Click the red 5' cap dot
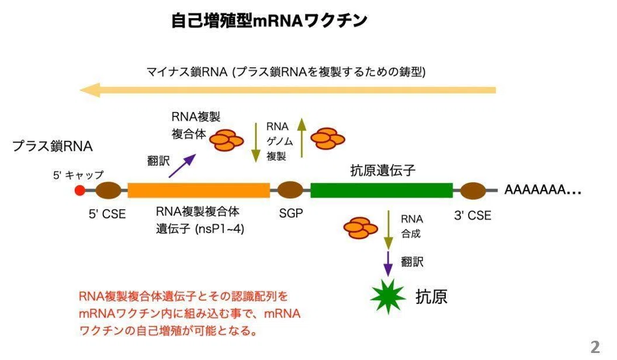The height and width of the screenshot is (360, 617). point(80,191)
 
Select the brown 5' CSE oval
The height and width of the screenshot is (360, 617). point(108,191)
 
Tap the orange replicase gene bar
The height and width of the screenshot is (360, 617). point(199,191)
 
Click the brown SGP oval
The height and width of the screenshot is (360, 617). point(290,190)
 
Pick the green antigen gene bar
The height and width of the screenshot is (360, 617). point(382,191)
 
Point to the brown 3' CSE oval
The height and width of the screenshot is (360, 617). point(473,191)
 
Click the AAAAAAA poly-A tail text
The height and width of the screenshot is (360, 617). point(543,190)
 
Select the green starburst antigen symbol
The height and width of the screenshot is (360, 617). point(388,297)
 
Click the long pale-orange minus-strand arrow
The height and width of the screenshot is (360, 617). point(287,90)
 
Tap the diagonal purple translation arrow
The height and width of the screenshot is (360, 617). point(182,165)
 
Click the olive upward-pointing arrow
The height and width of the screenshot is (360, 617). point(302,138)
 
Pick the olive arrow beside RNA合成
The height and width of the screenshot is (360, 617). point(389,230)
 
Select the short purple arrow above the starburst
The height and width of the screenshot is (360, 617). point(388,264)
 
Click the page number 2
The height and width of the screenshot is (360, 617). point(595,347)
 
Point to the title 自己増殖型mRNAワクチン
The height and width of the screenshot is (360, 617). point(269,20)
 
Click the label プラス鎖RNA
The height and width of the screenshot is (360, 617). point(53,146)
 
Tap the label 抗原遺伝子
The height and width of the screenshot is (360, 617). point(383,171)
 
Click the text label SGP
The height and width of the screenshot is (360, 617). point(291,213)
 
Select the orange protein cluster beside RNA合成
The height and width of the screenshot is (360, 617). point(361,228)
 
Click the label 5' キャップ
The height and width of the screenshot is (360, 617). point(78,175)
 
